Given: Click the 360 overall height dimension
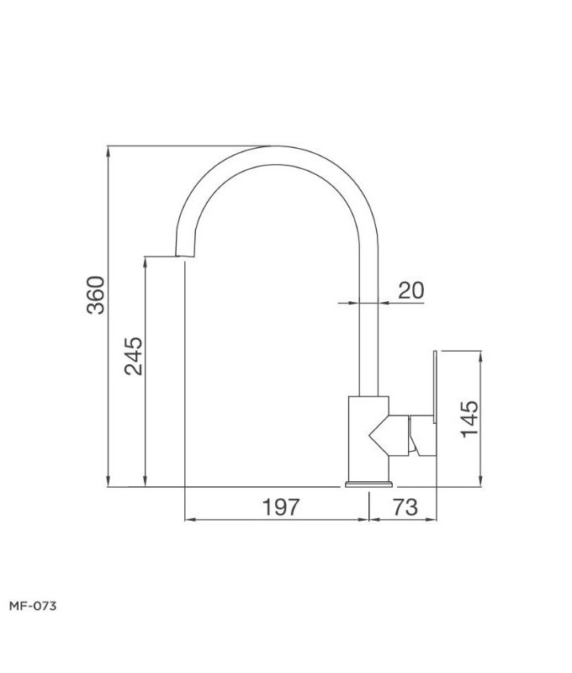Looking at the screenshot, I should click(x=98, y=294).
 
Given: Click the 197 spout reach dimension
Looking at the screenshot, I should click(x=280, y=506).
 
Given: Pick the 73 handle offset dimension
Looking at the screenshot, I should click(x=405, y=506).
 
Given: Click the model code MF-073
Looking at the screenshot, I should click(x=32, y=605).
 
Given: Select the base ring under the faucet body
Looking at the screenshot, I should click(x=369, y=485).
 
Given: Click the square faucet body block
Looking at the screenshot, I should click(x=368, y=437).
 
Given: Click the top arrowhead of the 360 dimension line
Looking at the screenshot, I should click(x=110, y=151).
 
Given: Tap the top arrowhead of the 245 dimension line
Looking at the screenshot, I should click(x=146, y=262).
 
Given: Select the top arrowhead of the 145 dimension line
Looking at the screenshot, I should click(x=481, y=353).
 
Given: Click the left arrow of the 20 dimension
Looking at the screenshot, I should click(x=354, y=303).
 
